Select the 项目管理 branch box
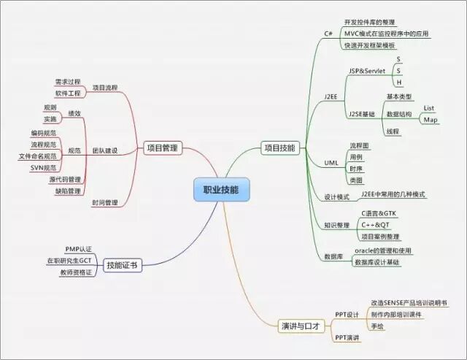pos(161,148)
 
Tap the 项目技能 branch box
pos(279,148)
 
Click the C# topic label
pos(328,34)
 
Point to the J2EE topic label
pos(331,95)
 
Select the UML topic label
pos(331,162)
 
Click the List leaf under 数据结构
pos(429,108)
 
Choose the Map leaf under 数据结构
pos(431,120)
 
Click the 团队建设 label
pos(104,150)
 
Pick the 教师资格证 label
pos(76,272)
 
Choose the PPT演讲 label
pos(347,337)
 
